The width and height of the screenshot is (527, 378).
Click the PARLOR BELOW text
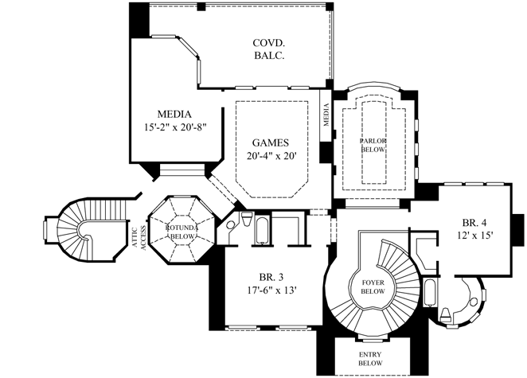(x=373, y=146)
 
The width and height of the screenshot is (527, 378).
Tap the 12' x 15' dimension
(x=476, y=236)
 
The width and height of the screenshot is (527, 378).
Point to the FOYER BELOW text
(x=373, y=286)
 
